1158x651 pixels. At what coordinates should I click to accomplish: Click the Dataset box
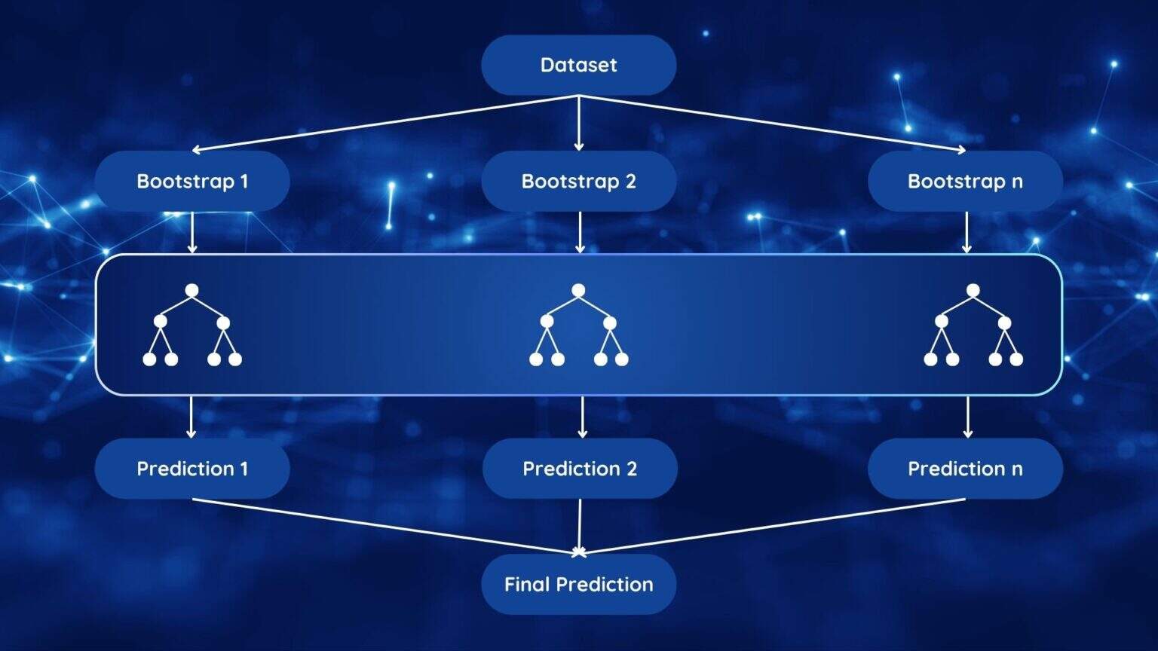point(578,65)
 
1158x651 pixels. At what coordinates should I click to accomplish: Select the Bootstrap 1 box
point(191,181)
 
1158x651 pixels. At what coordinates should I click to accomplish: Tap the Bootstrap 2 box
point(578,181)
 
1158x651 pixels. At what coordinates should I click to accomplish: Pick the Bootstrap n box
point(965,181)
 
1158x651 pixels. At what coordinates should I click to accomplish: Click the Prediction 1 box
point(191,469)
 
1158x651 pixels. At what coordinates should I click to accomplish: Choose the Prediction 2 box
point(579,469)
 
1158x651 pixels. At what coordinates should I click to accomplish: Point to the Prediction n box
point(965,469)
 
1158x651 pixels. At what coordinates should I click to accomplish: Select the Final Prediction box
point(578,585)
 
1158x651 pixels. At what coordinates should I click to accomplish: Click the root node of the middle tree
point(578,290)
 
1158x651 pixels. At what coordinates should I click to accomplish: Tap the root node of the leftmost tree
point(191,290)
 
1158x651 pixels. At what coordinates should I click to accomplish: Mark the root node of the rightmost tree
point(973,290)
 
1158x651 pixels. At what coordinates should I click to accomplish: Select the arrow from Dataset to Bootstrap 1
point(384,123)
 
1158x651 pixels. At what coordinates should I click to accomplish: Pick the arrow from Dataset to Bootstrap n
point(773,123)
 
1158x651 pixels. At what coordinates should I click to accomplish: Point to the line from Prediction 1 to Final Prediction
point(384,526)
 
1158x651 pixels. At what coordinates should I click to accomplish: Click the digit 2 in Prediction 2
point(631,469)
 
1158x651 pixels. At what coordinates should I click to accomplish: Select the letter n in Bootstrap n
point(1017,182)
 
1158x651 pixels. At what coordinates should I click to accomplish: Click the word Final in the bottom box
point(526,585)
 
